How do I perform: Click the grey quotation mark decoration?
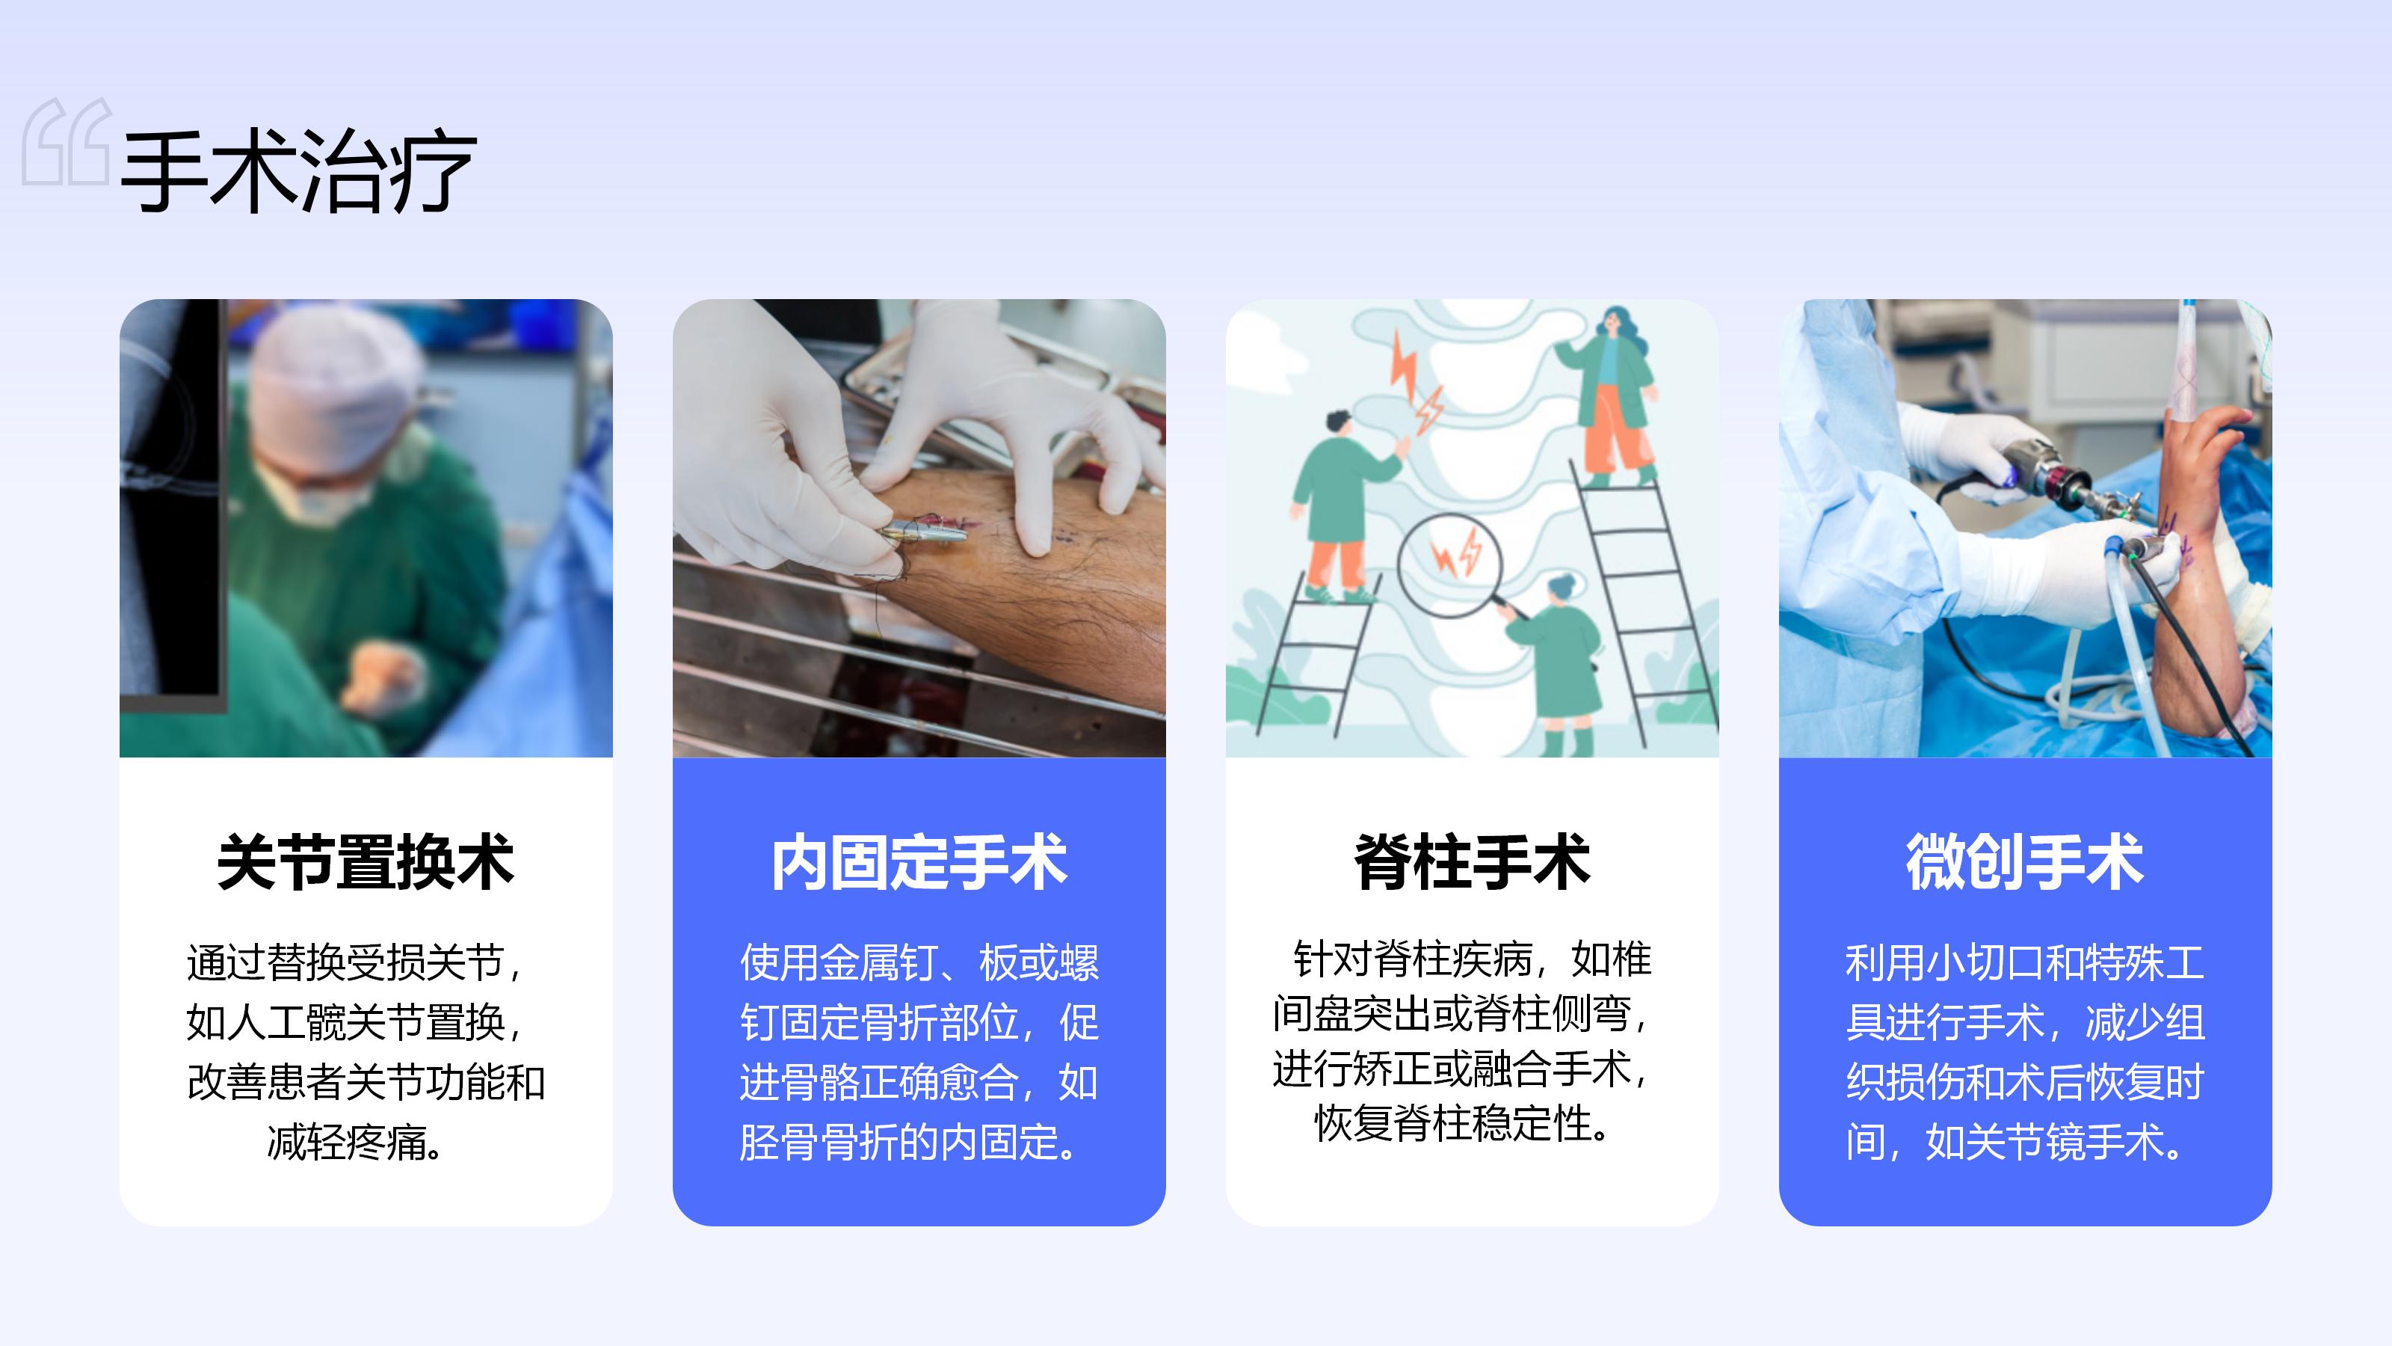click(x=67, y=141)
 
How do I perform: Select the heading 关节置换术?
click(x=366, y=862)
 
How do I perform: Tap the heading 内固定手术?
click(x=919, y=862)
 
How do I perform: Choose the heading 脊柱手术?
click(x=1472, y=862)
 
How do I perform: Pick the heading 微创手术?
click(x=2025, y=862)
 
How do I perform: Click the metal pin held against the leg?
click(x=924, y=532)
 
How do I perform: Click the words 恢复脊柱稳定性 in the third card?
click(x=1453, y=1123)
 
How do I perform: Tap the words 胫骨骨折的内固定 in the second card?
click(x=898, y=1143)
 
